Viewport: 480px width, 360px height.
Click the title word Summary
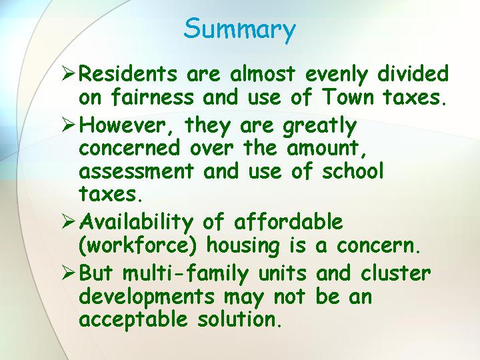pyautogui.click(x=240, y=29)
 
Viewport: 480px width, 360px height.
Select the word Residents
pyautogui.click(x=128, y=73)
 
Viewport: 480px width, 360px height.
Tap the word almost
pyautogui.click(x=263, y=73)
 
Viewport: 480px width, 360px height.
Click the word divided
pyautogui.click(x=413, y=73)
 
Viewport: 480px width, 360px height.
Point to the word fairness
pyautogui.click(x=152, y=97)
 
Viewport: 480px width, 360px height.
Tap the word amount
pyautogui.click(x=326, y=149)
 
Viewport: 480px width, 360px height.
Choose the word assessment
pyautogui.click(x=137, y=171)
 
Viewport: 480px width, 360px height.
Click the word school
pyautogui.click(x=353, y=170)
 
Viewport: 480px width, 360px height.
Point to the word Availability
pyautogui.click(x=136, y=223)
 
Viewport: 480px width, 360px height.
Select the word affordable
pyautogui.click(x=289, y=221)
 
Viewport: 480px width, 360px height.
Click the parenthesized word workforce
pyautogui.click(x=138, y=245)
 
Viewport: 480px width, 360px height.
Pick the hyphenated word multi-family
pyautogui.click(x=185, y=273)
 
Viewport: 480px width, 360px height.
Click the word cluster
pyautogui.click(x=395, y=273)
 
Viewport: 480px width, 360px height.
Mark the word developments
pyautogui.click(x=147, y=297)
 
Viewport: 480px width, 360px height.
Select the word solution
pyautogui.click(x=239, y=319)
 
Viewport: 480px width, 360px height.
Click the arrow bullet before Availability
pyautogui.click(x=68, y=221)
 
